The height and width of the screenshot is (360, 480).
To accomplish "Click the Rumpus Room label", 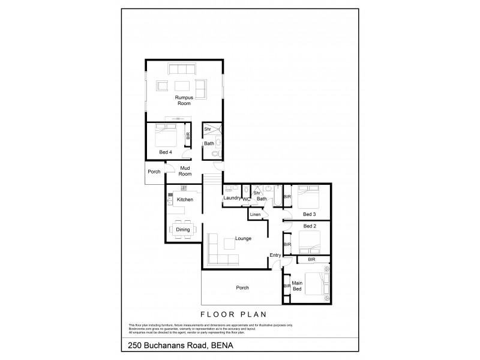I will coord(184,100).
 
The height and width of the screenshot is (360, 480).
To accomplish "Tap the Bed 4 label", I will coord(166,152).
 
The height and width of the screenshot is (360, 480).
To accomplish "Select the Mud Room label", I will coord(185,171).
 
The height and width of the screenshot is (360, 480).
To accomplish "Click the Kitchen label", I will coord(184,199).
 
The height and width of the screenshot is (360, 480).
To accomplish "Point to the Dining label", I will coord(183,229).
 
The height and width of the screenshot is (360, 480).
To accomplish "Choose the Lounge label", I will coord(243,239).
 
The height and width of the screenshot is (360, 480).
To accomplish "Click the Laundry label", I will coord(232,198).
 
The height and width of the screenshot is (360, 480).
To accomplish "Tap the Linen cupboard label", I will coord(256,215).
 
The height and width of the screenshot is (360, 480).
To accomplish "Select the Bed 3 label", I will coord(310,214).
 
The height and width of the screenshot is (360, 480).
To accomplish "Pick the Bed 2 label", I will coord(310,226).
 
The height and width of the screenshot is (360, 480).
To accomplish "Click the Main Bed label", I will coord(296,286).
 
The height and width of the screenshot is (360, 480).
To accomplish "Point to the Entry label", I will coord(275,256).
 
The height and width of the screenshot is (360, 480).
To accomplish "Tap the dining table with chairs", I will coord(182,229).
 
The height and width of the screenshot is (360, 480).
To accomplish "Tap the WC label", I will coord(247,199).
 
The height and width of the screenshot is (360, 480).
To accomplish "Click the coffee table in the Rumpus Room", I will coord(184,85).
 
